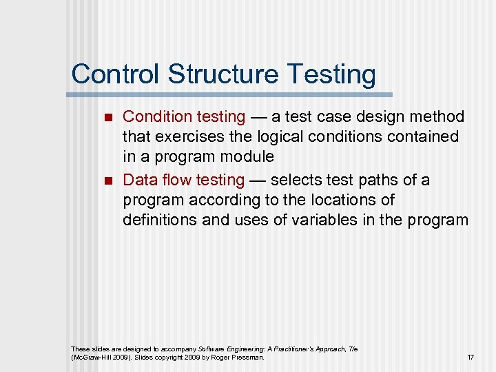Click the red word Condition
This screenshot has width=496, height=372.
point(154,117)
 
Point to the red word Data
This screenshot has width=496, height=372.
point(139,180)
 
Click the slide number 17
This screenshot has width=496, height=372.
point(470,358)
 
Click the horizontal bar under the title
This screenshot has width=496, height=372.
point(231,94)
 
